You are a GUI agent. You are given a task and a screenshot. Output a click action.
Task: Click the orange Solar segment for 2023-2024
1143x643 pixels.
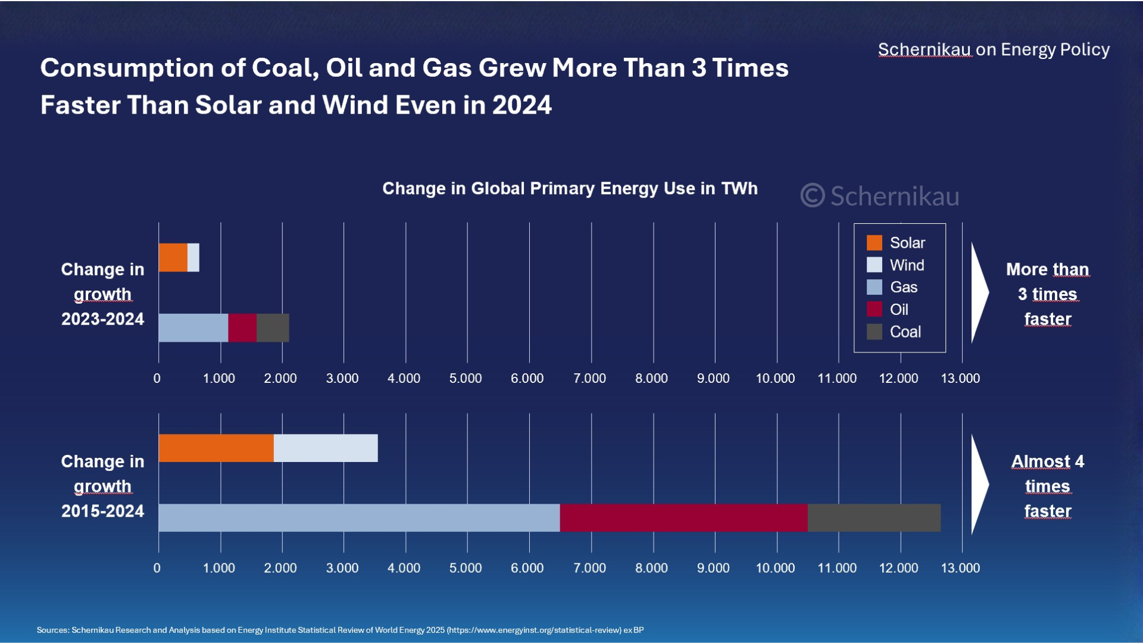pyautogui.click(x=173, y=257)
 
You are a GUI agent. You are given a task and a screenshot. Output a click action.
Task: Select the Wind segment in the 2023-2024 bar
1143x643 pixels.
pyautogui.click(x=193, y=257)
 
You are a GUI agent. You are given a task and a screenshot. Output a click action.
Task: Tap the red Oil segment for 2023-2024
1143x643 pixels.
pyautogui.click(x=242, y=327)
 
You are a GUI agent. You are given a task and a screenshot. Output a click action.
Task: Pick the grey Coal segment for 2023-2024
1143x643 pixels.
pyautogui.click(x=273, y=327)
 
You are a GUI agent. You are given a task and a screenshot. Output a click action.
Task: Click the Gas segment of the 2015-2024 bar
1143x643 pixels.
pyautogui.click(x=359, y=517)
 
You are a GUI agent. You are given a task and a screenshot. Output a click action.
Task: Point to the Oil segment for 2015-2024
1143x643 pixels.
pyautogui.click(x=683, y=517)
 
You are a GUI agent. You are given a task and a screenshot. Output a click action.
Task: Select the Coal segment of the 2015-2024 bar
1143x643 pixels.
pyautogui.click(x=874, y=517)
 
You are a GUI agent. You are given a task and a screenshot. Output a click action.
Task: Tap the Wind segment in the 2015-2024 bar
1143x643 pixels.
pyautogui.click(x=326, y=448)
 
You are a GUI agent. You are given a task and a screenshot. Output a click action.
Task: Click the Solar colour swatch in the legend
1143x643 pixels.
pyautogui.click(x=875, y=243)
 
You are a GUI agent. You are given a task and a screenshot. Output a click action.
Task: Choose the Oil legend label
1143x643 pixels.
pyautogui.click(x=899, y=310)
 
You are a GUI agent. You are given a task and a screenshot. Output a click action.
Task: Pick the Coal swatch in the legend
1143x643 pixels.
pyautogui.click(x=875, y=332)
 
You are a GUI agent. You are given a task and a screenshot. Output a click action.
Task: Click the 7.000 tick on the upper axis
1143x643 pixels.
pyautogui.click(x=589, y=378)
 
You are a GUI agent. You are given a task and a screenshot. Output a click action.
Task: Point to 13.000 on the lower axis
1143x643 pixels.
pyautogui.click(x=960, y=568)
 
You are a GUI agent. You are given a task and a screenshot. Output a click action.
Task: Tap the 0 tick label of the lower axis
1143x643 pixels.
pyautogui.click(x=157, y=568)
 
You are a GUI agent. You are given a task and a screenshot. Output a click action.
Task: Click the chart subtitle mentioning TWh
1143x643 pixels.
pyautogui.click(x=570, y=189)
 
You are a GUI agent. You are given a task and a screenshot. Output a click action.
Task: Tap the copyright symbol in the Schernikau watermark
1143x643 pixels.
pyautogui.click(x=813, y=196)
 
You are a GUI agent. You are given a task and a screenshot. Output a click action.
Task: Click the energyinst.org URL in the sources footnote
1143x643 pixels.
pyautogui.click(x=535, y=630)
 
